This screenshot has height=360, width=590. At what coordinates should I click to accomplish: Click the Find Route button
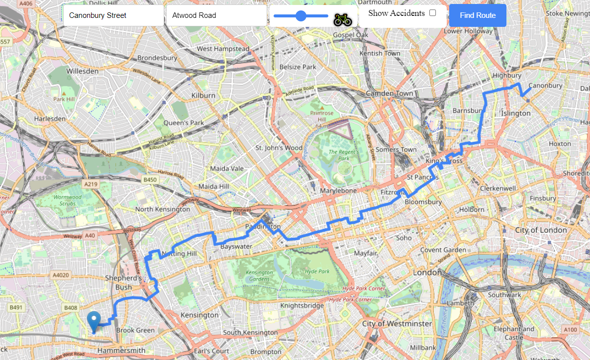[x=478, y=15]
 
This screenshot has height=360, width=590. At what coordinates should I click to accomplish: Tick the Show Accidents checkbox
[x=433, y=13]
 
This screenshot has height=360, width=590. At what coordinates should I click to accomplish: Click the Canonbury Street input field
[x=113, y=15]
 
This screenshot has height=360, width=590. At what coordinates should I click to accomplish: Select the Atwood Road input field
[x=216, y=15]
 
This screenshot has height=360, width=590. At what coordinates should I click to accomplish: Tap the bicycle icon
[x=343, y=19]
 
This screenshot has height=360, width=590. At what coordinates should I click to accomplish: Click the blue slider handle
[x=301, y=16]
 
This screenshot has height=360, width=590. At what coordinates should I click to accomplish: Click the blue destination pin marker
[x=94, y=321]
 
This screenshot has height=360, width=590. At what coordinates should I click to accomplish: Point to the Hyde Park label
[x=317, y=271]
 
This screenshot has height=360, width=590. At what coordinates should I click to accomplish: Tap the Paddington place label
[x=263, y=227]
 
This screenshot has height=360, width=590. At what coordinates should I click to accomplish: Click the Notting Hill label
[x=180, y=254]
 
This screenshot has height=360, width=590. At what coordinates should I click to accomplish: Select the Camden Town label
[x=389, y=93]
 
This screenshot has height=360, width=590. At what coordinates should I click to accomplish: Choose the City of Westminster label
[x=397, y=324]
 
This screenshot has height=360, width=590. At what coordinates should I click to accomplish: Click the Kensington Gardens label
[x=259, y=275]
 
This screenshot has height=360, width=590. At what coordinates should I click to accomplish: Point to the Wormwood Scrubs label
[x=67, y=200]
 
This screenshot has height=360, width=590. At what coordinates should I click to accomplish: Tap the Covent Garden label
[x=443, y=250]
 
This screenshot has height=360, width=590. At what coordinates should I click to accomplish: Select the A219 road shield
[x=91, y=184]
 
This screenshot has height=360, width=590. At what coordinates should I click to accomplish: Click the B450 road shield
[x=150, y=180]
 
